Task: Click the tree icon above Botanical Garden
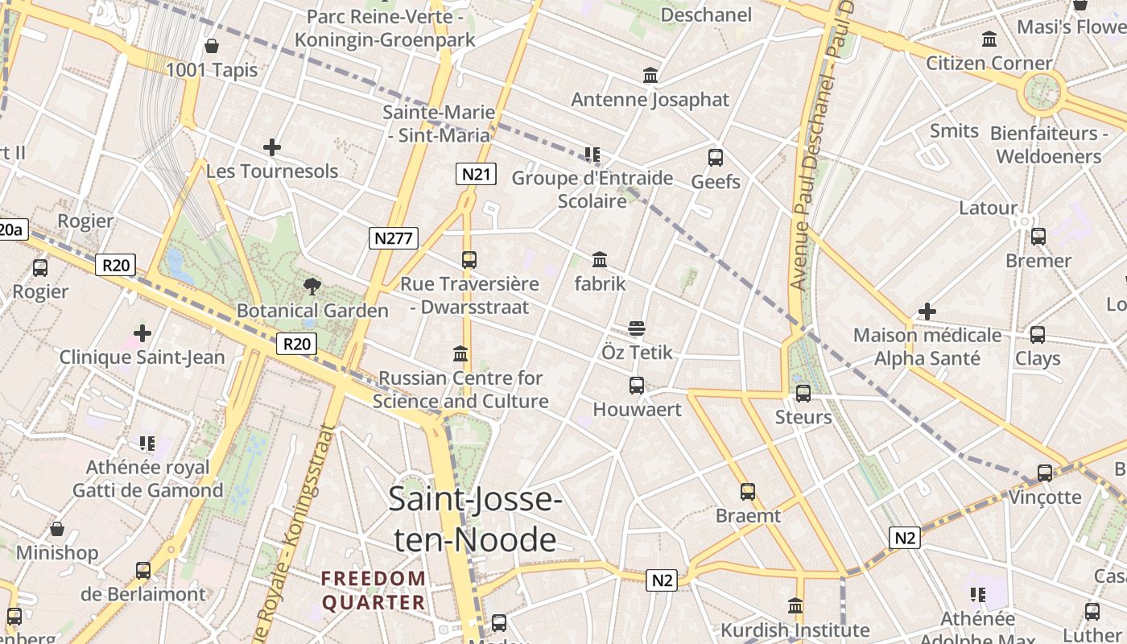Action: [x=312, y=286]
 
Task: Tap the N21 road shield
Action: [x=475, y=174]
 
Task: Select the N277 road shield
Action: [x=394, y=237]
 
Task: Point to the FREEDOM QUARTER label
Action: [x=374, y=590]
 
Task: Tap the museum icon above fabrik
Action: [x=600, y=260]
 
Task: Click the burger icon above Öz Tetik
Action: [x=637, y=328]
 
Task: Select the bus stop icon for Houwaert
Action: [x=637, y=386]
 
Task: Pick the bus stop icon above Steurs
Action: [x=803, y=394]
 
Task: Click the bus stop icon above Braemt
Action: [x=748, y=492]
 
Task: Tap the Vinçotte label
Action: [x=1045, y=497]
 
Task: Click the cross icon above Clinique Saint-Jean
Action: [x=142, y=332]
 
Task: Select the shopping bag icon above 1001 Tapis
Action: [x=212, y=46]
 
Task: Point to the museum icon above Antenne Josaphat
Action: [x=650, y=76]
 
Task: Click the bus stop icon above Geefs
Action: [x=716, y=158]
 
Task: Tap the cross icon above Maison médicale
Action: [x=927, y=312]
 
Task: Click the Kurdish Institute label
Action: [x=795, y=630]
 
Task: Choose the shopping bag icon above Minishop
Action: [x=57, y=529]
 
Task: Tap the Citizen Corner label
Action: [x=989, y=63]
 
